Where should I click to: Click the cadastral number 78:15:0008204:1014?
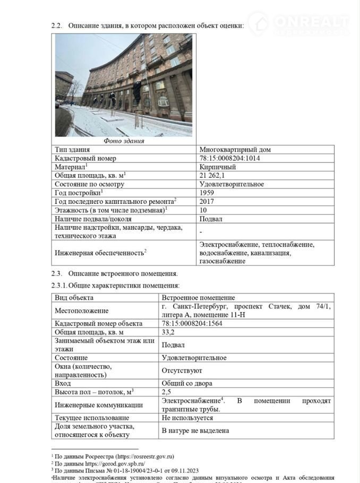pos(229,158)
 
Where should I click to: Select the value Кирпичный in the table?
pos(218,167)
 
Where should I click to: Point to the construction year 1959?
pos(207,192)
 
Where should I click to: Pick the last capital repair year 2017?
pos(207,201)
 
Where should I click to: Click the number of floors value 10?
pos(203,210)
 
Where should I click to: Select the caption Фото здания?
pos(124,141)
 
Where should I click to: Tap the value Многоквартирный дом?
pos(235,150)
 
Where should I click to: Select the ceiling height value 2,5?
pos(166,392)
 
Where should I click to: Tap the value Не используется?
pos(187,418)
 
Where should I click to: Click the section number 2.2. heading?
pos(57,25)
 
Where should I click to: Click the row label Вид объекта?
pos(74,298)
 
